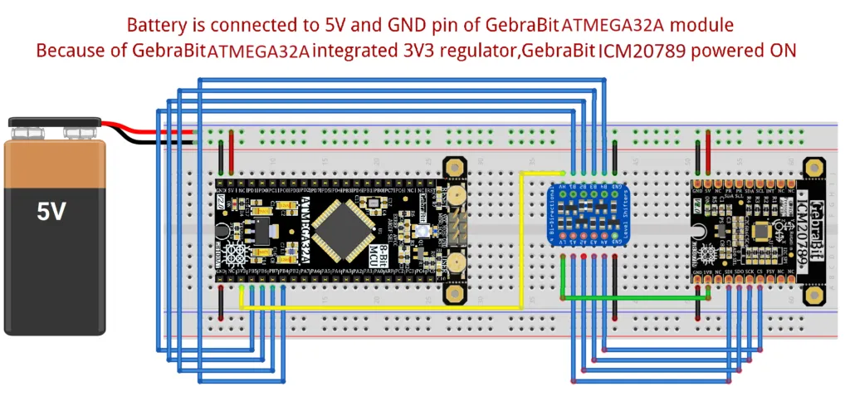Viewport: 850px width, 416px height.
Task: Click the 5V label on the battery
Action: coord(51,212)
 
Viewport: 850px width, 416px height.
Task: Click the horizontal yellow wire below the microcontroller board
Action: coord(374,308)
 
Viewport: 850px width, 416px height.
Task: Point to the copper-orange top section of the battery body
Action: coord(55,163)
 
